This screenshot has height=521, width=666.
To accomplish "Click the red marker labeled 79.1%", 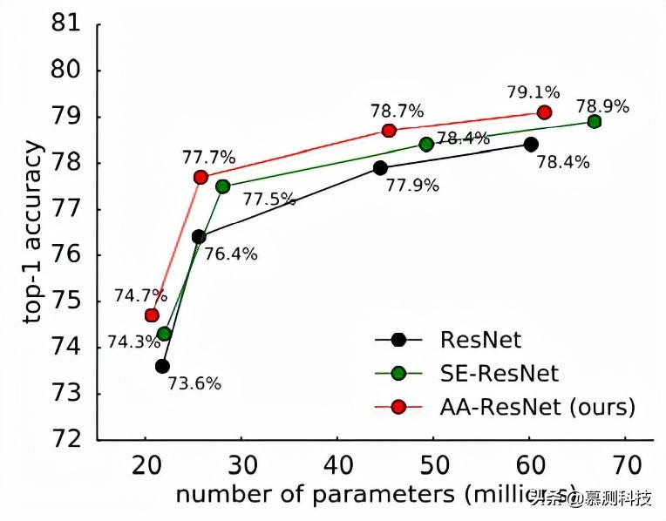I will [545, 112].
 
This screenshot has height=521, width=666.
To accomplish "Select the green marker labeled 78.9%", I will [595, 121].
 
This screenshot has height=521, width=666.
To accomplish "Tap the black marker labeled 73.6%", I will [162, 366].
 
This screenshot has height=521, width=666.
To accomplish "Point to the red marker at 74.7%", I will [152, 315].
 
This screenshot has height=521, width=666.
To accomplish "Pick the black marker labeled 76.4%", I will [199, 236].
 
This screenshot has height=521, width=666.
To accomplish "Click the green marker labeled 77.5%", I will [222, 186].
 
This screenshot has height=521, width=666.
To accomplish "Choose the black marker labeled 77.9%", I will [380, 167].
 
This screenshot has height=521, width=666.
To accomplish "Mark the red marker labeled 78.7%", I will [389, 130].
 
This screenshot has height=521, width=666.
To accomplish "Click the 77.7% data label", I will [208, 158].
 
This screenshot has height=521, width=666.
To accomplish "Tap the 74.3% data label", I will [129, 343].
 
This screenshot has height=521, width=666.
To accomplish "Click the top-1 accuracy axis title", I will [35, 234].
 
